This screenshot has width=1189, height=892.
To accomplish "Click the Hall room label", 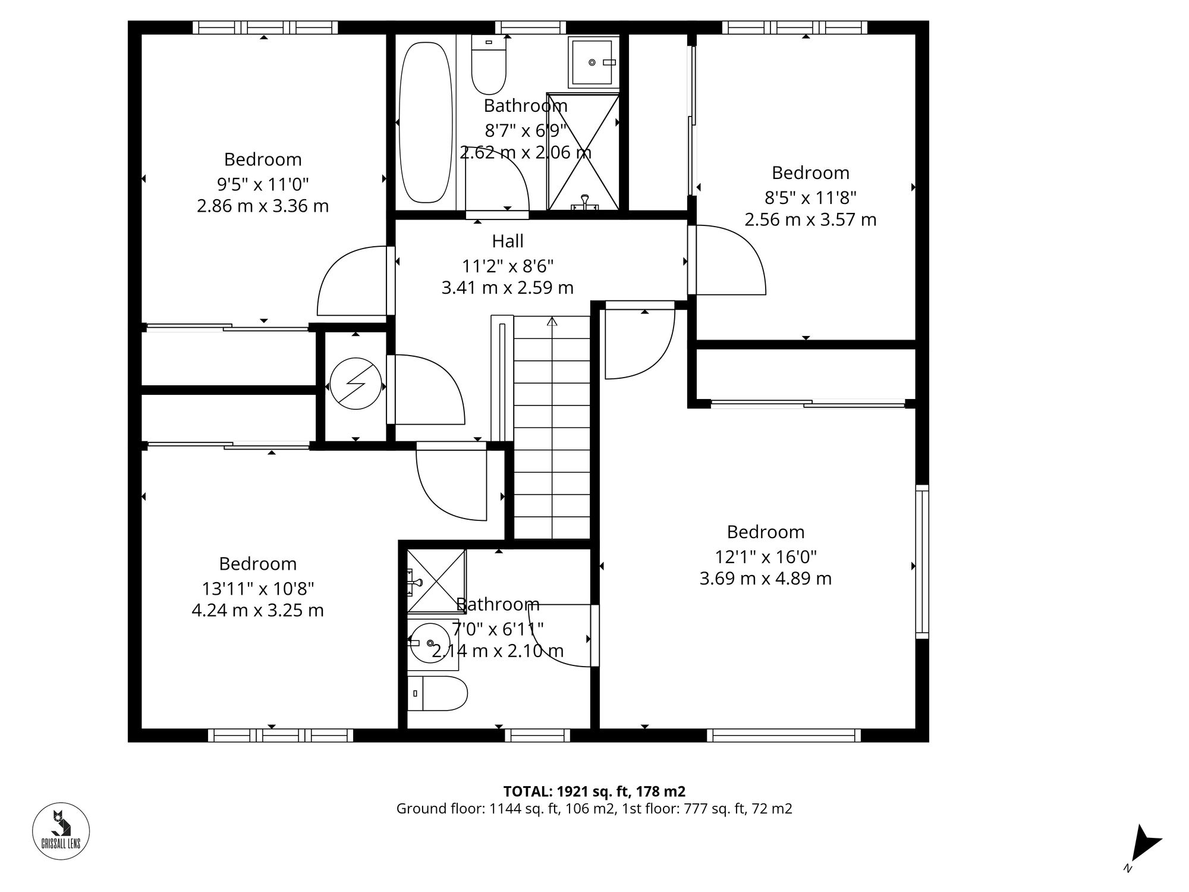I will [508, 241].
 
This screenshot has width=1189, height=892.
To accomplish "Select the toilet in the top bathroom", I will [489, 65].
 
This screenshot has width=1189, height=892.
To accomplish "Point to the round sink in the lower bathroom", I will [429, 642].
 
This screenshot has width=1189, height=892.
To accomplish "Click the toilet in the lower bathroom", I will [438, 693].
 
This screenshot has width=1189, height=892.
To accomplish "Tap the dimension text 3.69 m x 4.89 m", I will [765, 578].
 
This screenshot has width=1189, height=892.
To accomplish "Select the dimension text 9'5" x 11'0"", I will [263, 184].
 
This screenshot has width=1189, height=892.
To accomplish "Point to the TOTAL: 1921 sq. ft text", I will [594, 792].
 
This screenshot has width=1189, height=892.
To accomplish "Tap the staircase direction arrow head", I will [552, 322].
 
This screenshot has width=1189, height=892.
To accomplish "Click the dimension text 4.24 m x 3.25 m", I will [257, 610].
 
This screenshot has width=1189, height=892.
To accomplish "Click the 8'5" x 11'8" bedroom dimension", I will [810, 197].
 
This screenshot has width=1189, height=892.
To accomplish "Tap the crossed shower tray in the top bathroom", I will [583, 152].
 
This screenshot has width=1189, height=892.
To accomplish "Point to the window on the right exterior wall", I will [922, 561].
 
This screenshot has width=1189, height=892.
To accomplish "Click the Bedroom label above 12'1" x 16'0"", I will [765, 532].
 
